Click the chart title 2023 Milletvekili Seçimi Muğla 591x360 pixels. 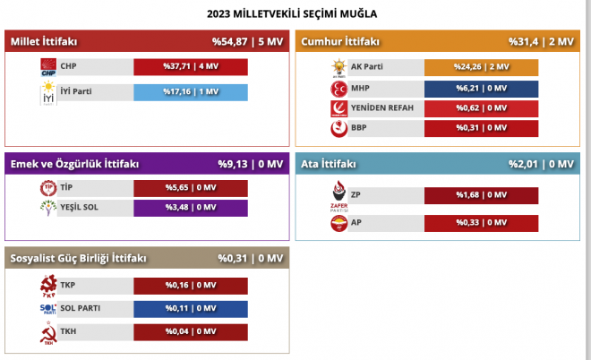tap(292, 14)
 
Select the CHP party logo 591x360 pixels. tap(48, 67)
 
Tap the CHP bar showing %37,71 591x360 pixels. tap(191, 67)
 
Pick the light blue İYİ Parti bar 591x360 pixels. tap(191, 92)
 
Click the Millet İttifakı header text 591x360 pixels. tap(44, 41)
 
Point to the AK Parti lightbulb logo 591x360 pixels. tap(338, 68)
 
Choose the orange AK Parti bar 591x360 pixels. tap(482, 67)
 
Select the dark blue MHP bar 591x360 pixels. tap(482, 89)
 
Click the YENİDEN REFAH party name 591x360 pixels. tap(382, 108)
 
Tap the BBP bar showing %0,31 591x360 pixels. tap(482, 128)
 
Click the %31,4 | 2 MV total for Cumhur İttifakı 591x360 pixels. tap(541, 41)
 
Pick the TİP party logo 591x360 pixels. tap(48, 188)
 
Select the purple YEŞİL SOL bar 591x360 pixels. tap(191, 208)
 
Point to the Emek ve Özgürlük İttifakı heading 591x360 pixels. tap(74, 164)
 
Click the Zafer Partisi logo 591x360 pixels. tap(338, 196)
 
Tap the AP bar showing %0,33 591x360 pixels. tap(482, 223)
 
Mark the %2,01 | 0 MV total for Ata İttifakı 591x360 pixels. tap(541, 164)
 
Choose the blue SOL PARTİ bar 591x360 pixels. tap(191, 309)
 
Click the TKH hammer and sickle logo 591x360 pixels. tap(48, 333)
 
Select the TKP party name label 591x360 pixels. tap(68, 286)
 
